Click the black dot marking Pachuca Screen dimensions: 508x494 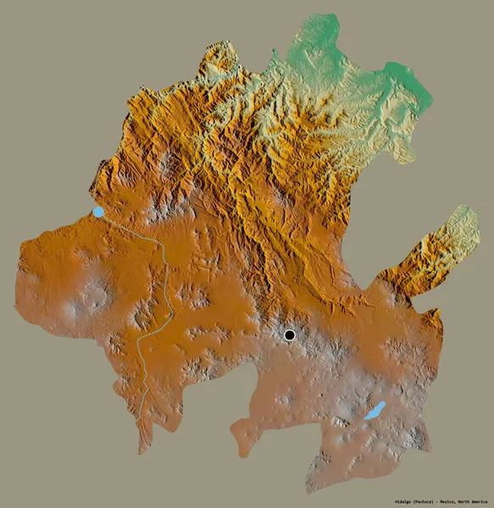291,335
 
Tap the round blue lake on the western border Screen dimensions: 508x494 99,212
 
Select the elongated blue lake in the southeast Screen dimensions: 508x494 375,412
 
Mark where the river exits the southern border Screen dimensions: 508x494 139,418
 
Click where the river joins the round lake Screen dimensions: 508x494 107,216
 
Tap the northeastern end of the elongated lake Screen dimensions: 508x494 384,405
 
